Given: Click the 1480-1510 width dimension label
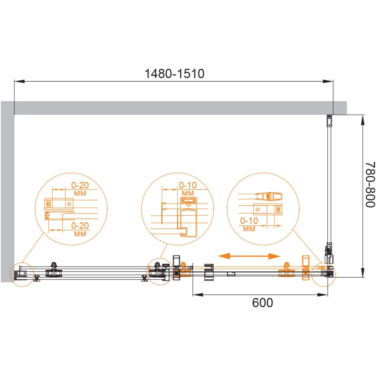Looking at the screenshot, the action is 174,74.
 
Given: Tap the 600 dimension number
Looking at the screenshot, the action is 263,303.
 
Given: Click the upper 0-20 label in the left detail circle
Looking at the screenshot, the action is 80,185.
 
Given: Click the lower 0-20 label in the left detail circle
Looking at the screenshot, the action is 80,226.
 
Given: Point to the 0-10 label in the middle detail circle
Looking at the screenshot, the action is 188,185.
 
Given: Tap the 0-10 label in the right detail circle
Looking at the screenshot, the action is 249,221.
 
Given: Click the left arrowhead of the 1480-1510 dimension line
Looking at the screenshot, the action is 19,81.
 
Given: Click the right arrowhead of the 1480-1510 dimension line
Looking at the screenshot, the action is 328,81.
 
